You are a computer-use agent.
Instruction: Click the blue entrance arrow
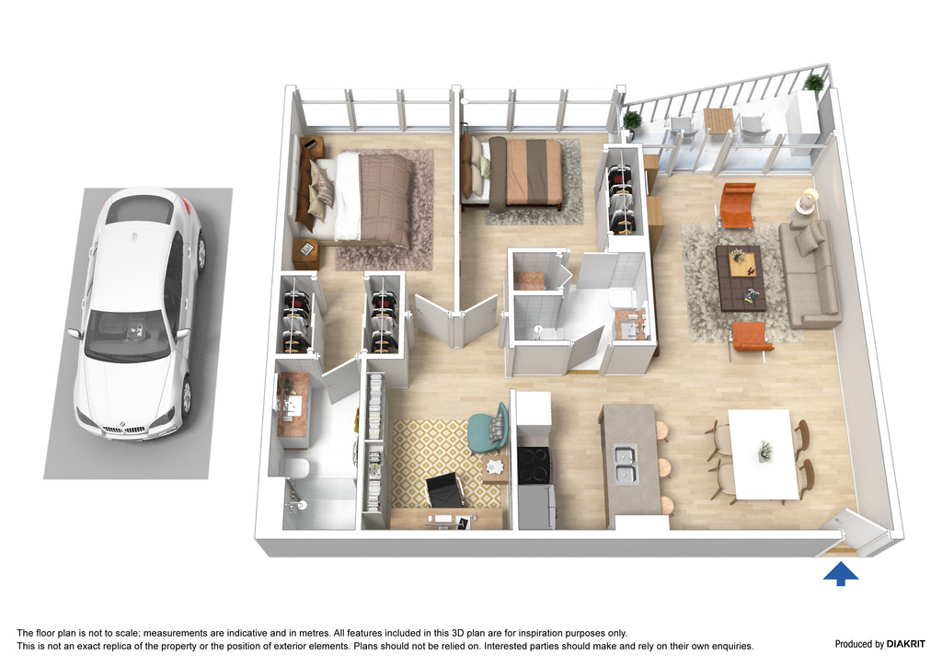tap(841, 573)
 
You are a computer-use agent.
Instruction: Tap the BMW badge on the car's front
tap(123, 425)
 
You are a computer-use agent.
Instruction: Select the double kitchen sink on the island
tap(625, 465)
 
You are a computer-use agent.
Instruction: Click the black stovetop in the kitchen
tap(533, 465)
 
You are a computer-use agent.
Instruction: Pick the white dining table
tap(763, 454)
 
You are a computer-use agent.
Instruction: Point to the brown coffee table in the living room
tap(741, 278)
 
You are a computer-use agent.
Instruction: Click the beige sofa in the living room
tap(810, 274)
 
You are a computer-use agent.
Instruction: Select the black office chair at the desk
tap(445, 489)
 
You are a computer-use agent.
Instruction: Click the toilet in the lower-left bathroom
tap(297, 468)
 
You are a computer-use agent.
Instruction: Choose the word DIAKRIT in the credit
tap(906, 644)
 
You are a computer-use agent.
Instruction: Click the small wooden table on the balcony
tap(718, 121)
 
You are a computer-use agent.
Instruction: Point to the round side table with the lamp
tap(806, 201)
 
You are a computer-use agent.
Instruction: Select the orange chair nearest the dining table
tap(751, 339)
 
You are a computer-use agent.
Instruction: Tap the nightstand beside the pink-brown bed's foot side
tap(305, 252)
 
